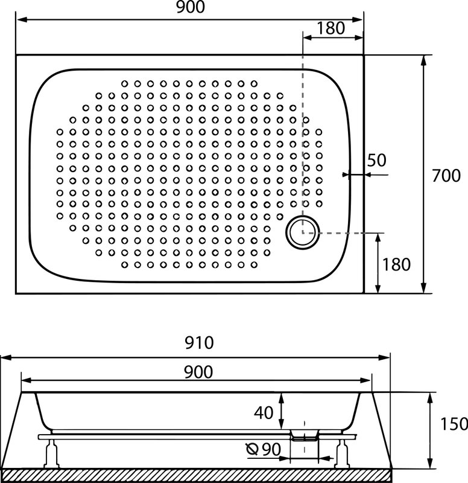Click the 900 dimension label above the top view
point(191,7)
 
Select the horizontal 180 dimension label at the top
point(330,28)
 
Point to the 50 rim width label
point(376,160)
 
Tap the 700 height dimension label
point(446,176)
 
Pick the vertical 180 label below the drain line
point(396,264)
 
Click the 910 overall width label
point(199,342)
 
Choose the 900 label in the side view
point(198,372)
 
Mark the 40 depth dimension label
point(264,412)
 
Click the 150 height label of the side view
point(454,424)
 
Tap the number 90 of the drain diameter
point(271,449)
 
